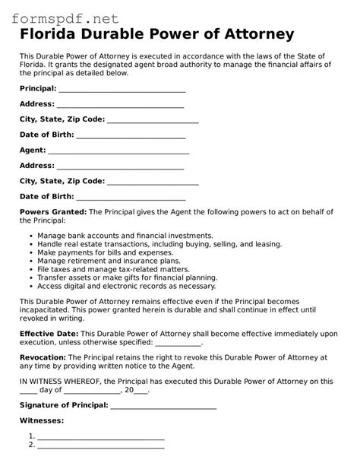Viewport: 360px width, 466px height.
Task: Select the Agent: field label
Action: tap(33, 150)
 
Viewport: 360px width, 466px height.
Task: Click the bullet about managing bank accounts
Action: tap(125, 236)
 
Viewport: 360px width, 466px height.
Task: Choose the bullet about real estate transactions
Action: tap(159, 244)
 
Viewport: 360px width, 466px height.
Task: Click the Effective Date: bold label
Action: tap(49, 334)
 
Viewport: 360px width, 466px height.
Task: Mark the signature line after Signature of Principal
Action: tap(163, 406)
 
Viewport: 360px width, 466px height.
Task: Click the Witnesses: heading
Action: tap(42, 420)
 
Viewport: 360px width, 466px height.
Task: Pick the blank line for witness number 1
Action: tap(101, 437)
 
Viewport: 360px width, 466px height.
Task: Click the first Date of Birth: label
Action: tap(47, 135)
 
